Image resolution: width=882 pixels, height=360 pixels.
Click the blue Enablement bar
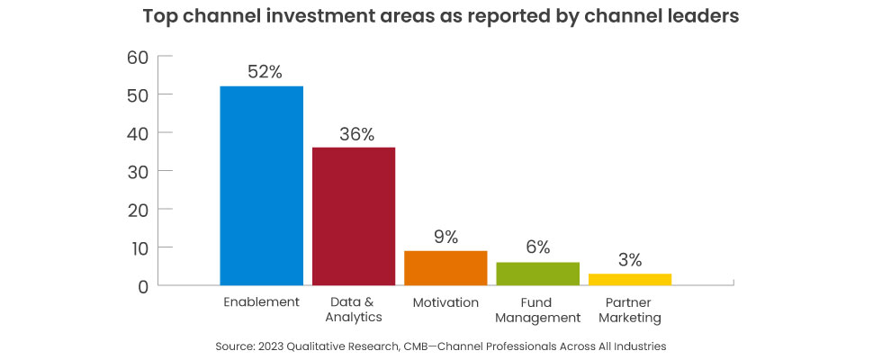pyautogui.click(x=262, y=185)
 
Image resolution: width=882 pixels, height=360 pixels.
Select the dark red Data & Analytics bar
pyautogui.click(x=354, y=216)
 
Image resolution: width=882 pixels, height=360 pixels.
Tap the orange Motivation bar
pyautogui.click(x=445, y=267)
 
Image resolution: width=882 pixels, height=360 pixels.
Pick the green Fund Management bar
pyautogui.click(x=537, y=274)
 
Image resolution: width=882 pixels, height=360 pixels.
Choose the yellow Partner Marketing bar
pyautogui.click(x=630, y=279)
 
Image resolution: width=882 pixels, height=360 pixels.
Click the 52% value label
pyautogui.click(x=262, y=71)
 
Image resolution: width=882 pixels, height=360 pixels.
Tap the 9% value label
pyautogui.click(x=445, y=237)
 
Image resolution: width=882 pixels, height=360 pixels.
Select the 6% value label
pyautogui.click(x=537, y=248)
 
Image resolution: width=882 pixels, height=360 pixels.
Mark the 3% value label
pyautogui.click(x=630, y=260)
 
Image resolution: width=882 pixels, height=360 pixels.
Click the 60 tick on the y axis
pyautogui.click(x=137, y=57)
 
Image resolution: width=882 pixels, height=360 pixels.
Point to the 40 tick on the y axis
pyautogui.click(x=137, y=133)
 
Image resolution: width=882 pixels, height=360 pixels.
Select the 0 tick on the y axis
pyautogui.click(x=142, y=286)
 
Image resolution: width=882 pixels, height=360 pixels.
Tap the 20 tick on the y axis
pyautogui.click(x=137, y=210)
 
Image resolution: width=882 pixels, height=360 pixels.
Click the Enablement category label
pyautogui.click(x=262, y=301)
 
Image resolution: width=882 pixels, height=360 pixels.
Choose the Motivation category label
pyautogui.click(x=445, y=301)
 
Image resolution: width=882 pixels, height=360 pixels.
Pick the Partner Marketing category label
pyautogui.click(x=630, y=310)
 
